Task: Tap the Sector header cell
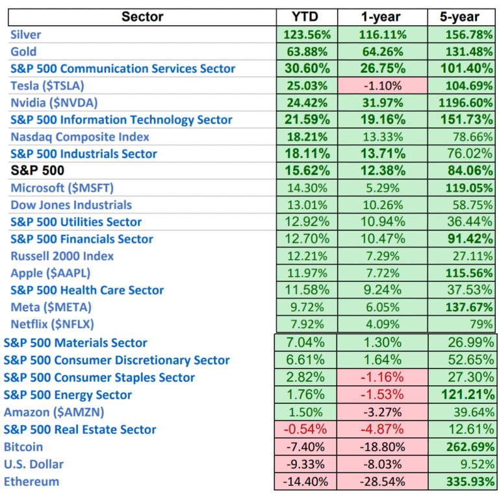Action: click(142, 17)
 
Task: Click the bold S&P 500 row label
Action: click(36, 171)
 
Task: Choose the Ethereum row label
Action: click(31, 481)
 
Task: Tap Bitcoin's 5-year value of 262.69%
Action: click(465, 447)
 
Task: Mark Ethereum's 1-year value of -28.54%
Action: click(383, 481)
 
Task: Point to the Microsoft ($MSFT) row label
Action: click(62, 188)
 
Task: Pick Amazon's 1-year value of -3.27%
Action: click(383, 413)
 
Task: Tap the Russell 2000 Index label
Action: click(62, 256)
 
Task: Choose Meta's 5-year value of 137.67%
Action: click(465, 307)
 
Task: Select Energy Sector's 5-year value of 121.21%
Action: click(465, 395)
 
